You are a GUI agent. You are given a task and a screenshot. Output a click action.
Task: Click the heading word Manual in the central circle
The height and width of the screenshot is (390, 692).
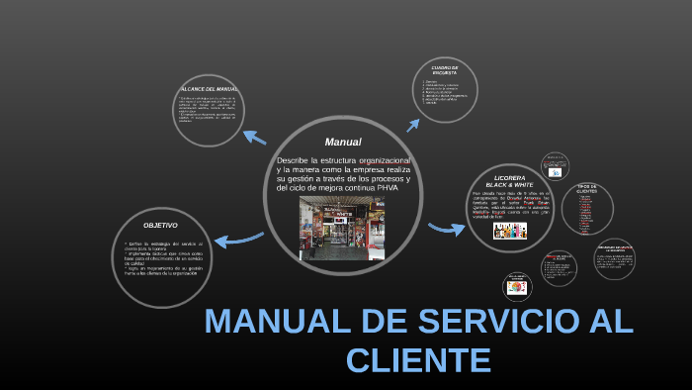click(x=343, y=142)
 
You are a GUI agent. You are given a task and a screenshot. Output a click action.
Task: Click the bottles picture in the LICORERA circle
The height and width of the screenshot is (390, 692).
click(x=509, y=231)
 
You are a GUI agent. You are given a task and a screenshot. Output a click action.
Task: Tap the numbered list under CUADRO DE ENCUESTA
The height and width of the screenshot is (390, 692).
click(x=446, y=92)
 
